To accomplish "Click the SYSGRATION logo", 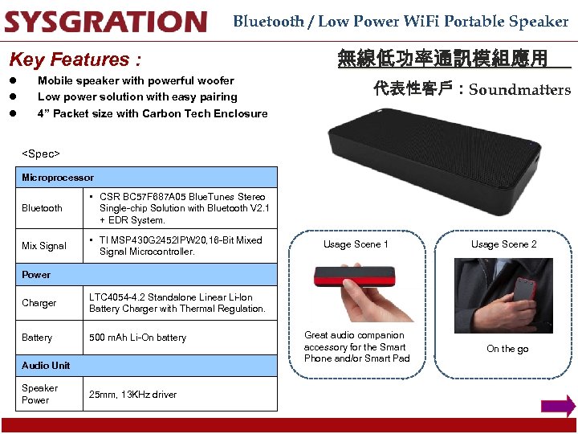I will [105, 22].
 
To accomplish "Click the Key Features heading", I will [75, 59].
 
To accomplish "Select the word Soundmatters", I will [519, 90].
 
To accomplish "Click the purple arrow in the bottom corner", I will [558, 407].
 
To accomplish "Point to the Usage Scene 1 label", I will [356, 244].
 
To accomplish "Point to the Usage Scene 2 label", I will [504, 244].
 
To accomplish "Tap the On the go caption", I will [507, 349].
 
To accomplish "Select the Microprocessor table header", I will [58, 178].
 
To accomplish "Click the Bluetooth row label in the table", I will [42, 208].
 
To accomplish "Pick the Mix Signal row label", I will [44, 246].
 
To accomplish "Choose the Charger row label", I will [39, 303].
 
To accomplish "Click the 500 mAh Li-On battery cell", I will [137, 338].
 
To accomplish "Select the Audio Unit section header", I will [46, 366].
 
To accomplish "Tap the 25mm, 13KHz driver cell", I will [132, 395].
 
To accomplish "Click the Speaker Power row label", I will [39, 394].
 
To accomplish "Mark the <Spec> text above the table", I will [41, 154].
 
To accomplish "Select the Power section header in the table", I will [36, 275].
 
